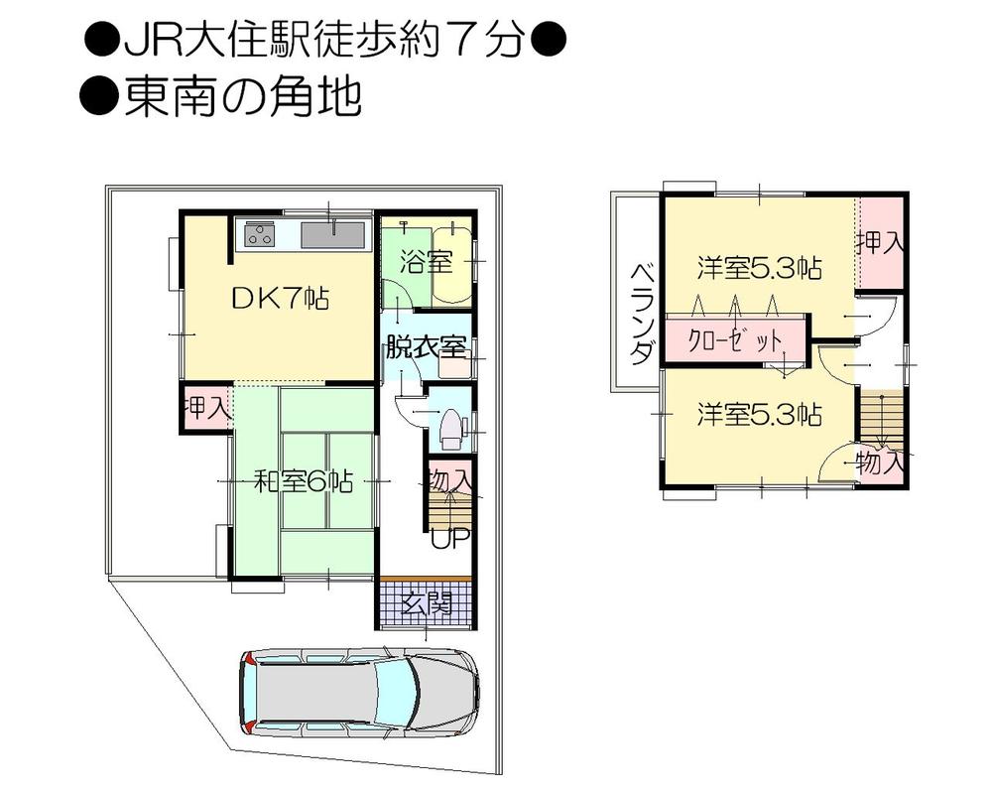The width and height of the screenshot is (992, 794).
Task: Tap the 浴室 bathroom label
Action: [x=427, y=262]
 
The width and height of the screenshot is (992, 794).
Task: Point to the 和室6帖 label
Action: [x=304, y=482]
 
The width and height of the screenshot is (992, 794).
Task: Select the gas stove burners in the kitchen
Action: [x=260, y=235]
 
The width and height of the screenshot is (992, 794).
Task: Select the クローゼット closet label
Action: [x=735, y=340]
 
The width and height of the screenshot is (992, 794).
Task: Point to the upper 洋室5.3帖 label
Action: [x=759, y=268]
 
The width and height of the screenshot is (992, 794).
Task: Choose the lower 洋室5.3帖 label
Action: [x=759, y=414]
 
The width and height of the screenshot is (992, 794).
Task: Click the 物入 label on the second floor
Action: [x=879, y=462]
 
